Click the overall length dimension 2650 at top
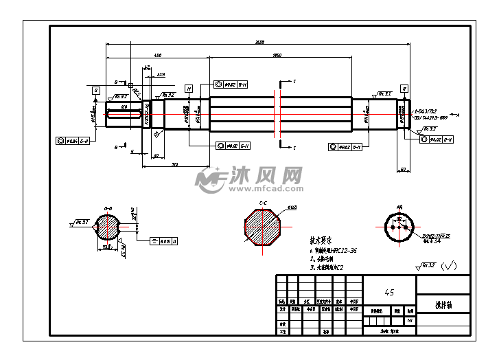point(259,43)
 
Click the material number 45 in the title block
point(389,292)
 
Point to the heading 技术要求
point(321,241)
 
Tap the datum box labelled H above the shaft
point(188,88)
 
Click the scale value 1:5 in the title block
point(410,320)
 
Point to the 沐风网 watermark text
point(270,175)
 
